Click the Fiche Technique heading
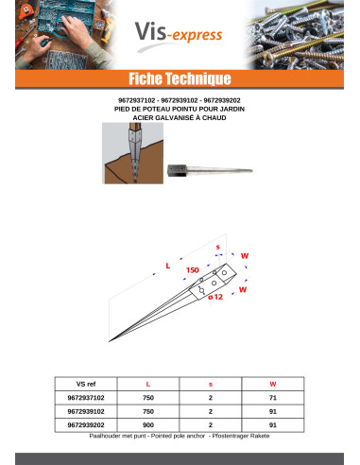pyautogui.click(x=180, y=77)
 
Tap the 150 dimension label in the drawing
pyautogui.click(x=192, y=270)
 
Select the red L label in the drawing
pyautogui.click(x=168, y=266)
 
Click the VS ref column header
pyautogui.click(x=86, y=385)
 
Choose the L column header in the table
pyautogui.click(x=147, y=385)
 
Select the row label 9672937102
pyautogui.click(x=86, y=399)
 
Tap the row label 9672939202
pyautogui.click(x=86, y=426)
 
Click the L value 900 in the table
pyautogui.click(x=147, y=426)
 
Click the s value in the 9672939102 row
pyautogui.click(x=210, y=412)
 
